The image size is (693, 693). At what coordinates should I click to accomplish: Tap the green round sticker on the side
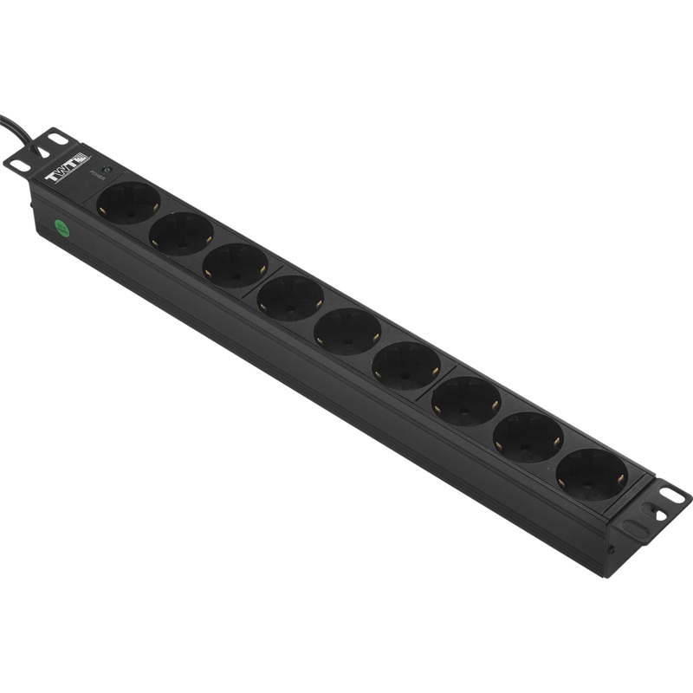point(62,229)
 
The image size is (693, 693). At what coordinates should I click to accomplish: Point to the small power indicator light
point(107,169)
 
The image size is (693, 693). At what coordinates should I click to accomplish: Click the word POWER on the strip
point(98,175)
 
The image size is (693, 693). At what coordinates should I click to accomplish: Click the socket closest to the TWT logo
point(128,203)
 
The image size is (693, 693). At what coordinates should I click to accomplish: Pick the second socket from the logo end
point(181,233)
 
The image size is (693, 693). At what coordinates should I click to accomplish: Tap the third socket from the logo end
point(236,264)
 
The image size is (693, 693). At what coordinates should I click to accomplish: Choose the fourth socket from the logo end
point(290,297)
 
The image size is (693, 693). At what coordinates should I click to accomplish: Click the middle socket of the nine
point(347,330)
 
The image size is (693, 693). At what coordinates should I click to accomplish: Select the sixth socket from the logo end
point(405,365)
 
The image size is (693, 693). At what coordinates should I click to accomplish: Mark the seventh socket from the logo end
point(466,400)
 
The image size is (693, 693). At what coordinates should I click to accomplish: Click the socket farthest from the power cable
point(592,474)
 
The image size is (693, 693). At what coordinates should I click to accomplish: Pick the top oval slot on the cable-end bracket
point(58,138)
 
